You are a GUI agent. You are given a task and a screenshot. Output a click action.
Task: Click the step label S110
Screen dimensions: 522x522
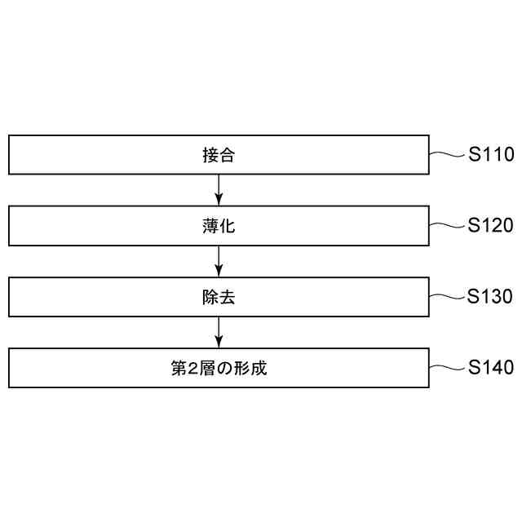pyautogui.click(x=491, y=155)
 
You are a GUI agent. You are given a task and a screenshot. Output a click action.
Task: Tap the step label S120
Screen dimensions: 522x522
pyautogui.click(x=491, y=226)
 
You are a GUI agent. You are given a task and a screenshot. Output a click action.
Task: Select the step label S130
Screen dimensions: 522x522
pyautogui.click(x=491, y=297)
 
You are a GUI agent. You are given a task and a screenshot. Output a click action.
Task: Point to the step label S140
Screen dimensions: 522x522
pyautogui.click(x=491, y=368)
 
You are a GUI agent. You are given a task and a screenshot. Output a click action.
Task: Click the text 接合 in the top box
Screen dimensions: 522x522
pyautogui.click(x=219, y=155)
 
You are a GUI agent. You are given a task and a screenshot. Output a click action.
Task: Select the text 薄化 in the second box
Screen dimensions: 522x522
pyautogui.click(x=219, y=226)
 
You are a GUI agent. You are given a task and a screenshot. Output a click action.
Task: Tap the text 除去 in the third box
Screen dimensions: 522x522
pyautogui.click(x=219, y=297)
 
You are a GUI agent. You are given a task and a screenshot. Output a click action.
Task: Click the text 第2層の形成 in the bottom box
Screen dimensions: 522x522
pyautogui.click(x=219, y=368)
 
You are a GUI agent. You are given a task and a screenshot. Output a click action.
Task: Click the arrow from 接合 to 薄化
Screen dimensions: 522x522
pyautogui.click(x=219, y=190)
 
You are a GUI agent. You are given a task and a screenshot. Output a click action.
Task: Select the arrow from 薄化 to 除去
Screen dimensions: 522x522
pyautogui.click(x=219, y=261)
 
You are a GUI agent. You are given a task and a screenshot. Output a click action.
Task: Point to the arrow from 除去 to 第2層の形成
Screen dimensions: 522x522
pyautogui.click(x=219, y=332)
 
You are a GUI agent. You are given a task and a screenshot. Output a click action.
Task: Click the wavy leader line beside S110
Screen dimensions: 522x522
pyautogui.click(x=446, y=154)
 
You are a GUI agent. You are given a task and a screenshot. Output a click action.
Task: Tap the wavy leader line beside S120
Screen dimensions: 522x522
pyautogui.click(x=446, y=225)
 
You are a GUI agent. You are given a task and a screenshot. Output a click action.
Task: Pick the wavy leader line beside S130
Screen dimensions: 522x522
pyautogui.click(x=446, y=296)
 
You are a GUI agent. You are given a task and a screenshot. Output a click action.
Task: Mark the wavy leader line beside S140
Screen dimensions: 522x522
pyautogui.click(x=446, y=367)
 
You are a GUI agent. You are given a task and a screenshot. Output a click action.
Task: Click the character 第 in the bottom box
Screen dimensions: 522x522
pyautogui.click(x=179, y=368)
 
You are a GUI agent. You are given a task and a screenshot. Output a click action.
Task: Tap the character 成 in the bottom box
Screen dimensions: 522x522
pyautogui.click(x=259, y=368)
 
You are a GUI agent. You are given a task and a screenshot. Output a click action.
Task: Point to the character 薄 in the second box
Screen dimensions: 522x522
pyautogui.click(x=210, y=226)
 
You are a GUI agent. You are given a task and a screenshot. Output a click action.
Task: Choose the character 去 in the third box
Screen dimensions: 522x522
pyautogui.click(x=227, y=297)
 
